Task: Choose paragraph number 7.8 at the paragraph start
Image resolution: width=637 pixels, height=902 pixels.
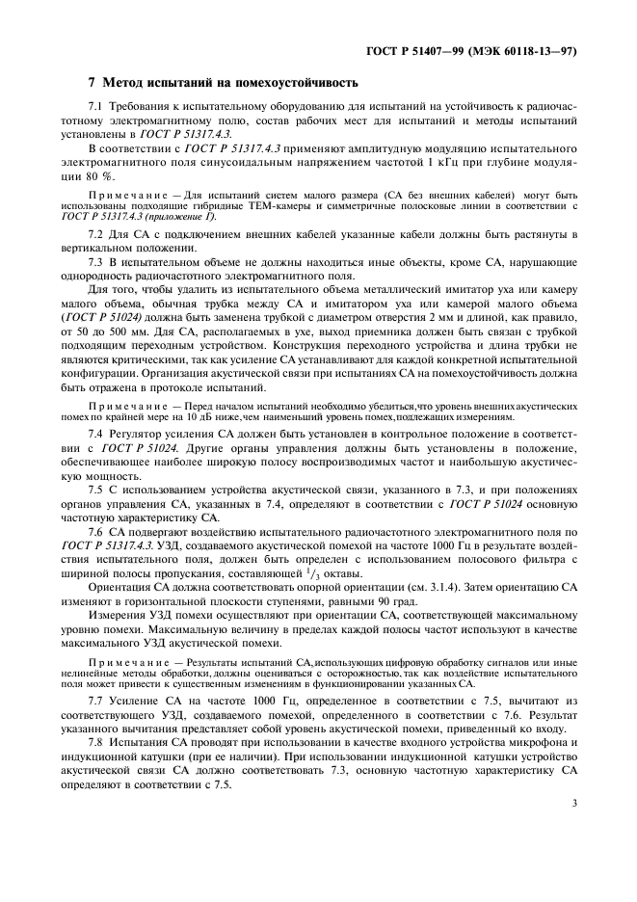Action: click(x=94, y=745)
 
